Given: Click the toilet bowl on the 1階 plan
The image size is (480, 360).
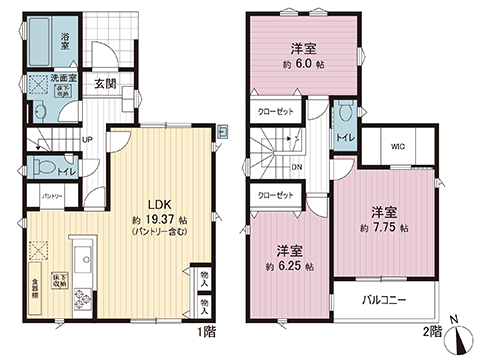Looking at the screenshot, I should pos(43,167).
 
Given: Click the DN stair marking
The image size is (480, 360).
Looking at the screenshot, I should pos(297,167).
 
